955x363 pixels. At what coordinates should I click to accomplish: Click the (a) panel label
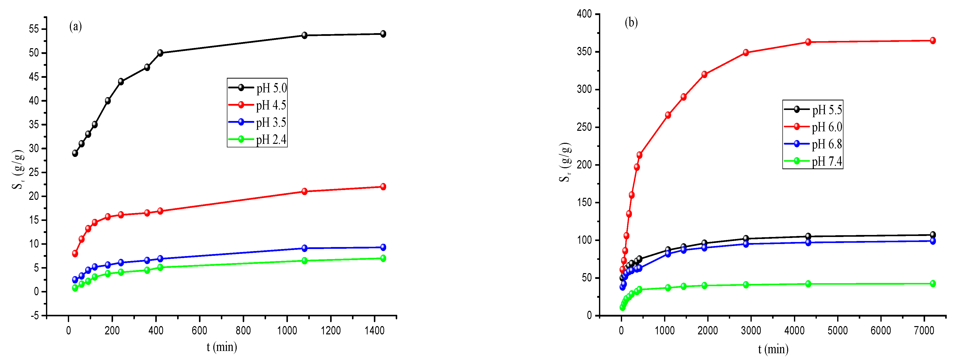coord(76,26)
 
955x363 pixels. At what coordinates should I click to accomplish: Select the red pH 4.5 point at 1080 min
coord(304,192)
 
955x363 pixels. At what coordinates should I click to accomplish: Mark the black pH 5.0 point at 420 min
coord(160,53)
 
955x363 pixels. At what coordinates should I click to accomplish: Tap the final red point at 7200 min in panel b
coord(933,41)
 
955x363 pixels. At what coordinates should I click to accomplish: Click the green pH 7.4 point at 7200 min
coord(933,284)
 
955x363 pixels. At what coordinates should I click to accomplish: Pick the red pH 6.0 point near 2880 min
coord(746,53)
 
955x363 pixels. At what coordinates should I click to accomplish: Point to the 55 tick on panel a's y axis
coord(34,29)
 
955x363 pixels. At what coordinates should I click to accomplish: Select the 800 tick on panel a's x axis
coord(243,330)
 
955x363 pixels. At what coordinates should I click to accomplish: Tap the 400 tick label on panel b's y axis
coord(584,14)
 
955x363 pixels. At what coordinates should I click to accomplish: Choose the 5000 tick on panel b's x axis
coord(837,330)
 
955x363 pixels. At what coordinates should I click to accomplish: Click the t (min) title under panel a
coord(222,347)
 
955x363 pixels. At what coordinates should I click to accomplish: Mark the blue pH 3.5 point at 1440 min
coord(383,248)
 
